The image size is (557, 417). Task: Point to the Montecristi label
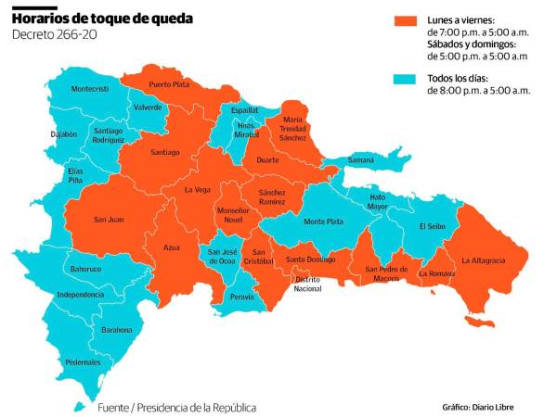[x=90, y=88]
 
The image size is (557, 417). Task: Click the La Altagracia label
[x=483, y=260]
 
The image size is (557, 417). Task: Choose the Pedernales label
[x=83, y=362]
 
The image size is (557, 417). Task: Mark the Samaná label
[x=360, y=159]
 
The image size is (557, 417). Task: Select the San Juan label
[x=110, y=220]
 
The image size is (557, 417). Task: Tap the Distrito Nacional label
[x=307, y=284]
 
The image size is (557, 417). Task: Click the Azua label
[x=171, y=248]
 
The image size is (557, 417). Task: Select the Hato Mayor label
[x=378, y=201]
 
